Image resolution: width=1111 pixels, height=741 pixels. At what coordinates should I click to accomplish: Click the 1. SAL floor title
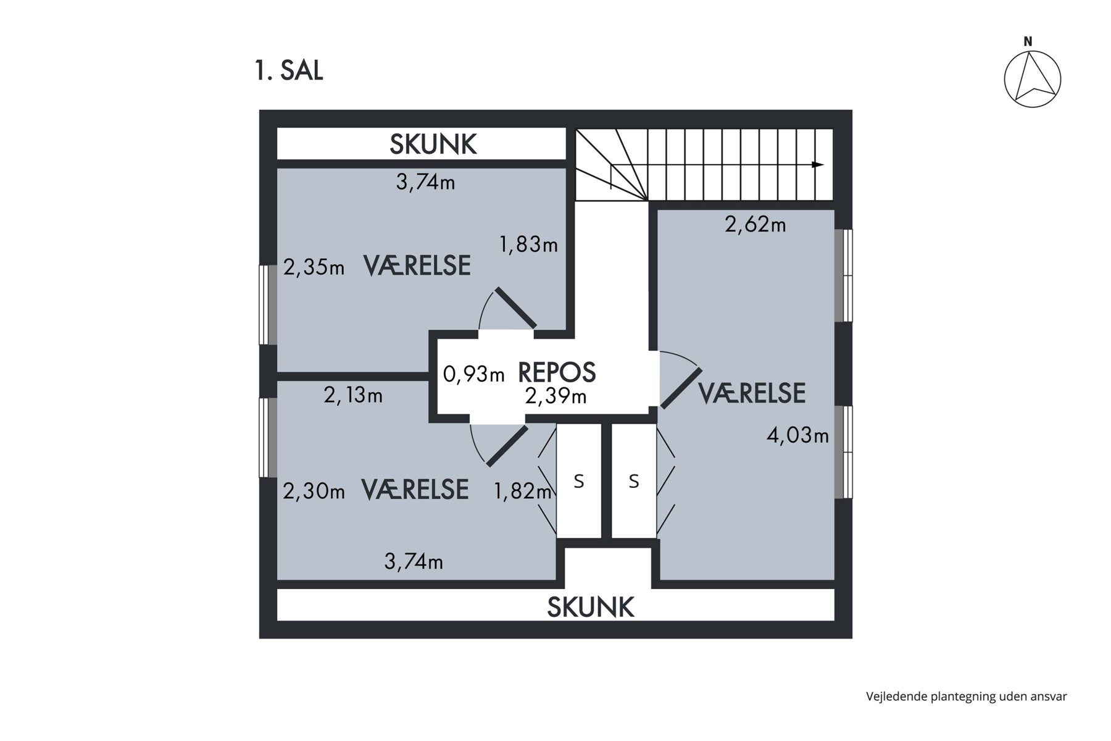[x=289, y=71]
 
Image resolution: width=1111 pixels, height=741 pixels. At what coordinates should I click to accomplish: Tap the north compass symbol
[x=1032, y=75]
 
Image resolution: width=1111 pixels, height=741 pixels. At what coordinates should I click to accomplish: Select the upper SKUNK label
[x=433, y=144]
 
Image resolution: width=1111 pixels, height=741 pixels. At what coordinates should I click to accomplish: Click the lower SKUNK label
[x=591, y=607]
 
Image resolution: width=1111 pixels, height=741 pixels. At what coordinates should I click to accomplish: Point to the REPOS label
[x=557, y=372]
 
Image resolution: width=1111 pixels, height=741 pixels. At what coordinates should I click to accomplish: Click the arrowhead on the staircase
[x=817, y=165]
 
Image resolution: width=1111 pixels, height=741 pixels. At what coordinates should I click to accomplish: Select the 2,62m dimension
[x=755, y=224]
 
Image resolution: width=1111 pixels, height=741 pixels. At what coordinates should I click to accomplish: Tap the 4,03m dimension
[x=797, y=435]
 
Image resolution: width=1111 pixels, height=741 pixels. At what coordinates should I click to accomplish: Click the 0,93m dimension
[x=474, y=374]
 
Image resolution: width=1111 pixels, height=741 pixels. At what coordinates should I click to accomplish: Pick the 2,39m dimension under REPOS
[x=555, y=396]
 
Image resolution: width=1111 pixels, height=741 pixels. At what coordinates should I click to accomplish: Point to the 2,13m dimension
[x=353, y=395]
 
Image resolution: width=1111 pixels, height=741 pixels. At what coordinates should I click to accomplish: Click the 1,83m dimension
[x=528, y=245]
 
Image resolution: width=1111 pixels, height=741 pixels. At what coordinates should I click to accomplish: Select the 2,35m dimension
[x=314, y=268]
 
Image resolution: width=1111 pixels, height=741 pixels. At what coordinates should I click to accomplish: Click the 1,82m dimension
[x=523, y=492]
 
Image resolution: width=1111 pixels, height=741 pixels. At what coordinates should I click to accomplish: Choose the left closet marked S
[x=579, y=480]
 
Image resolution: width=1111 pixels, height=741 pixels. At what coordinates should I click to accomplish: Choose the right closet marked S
[x=634, y=480]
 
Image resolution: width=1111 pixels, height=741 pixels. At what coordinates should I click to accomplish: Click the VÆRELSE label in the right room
[x=752, y=393]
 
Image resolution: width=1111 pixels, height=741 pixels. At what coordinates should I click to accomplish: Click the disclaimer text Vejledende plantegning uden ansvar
[x=967, y=697]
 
